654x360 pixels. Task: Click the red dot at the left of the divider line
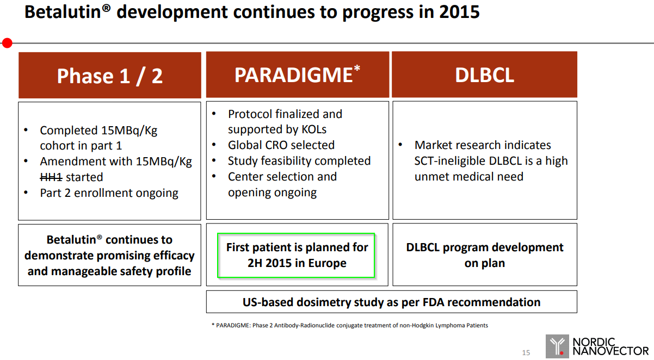7,43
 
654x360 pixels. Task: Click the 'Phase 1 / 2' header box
110,75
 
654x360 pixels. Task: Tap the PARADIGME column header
298,75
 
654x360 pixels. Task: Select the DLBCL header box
484,75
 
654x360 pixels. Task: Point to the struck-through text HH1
51,177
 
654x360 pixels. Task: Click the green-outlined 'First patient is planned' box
296,255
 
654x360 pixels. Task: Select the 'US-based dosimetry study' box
392,302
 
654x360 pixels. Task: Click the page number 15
526,353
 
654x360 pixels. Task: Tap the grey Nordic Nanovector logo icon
557,346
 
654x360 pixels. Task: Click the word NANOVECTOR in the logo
610,351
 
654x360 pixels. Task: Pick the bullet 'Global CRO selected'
281,145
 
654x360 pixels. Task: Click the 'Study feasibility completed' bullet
299,161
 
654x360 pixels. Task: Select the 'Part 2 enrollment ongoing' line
109,193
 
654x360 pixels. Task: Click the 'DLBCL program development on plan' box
485,255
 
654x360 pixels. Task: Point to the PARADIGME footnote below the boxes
350,325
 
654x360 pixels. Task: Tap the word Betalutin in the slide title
63,12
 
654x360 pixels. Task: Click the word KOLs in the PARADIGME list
314,129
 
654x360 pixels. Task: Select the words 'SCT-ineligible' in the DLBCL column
450,161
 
